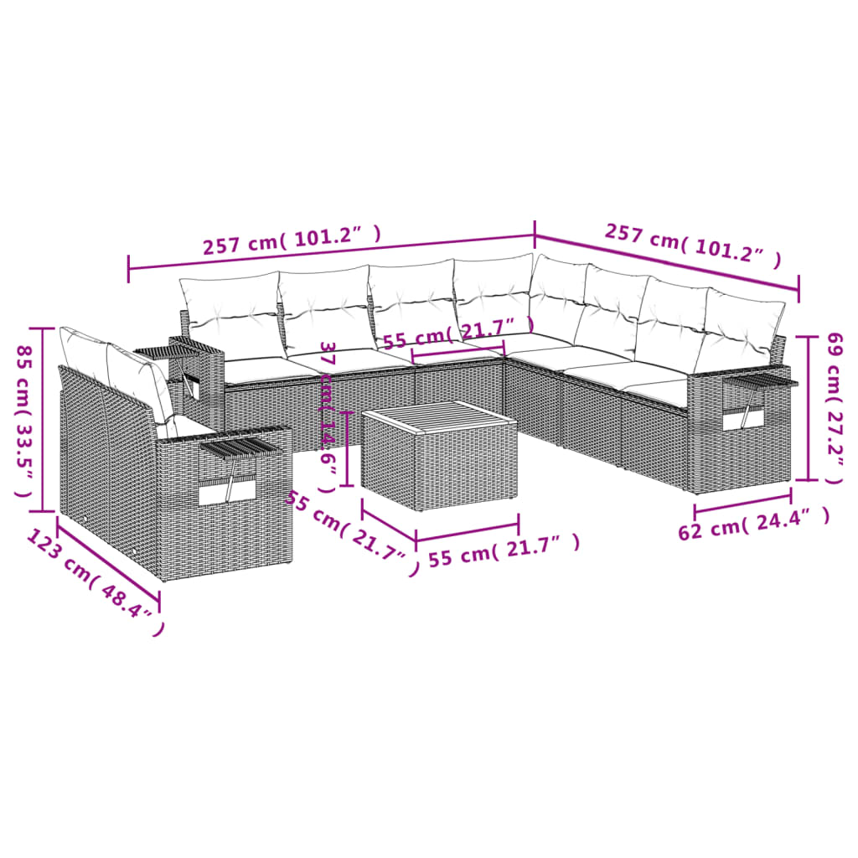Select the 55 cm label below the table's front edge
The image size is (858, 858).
coord(504,551)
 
